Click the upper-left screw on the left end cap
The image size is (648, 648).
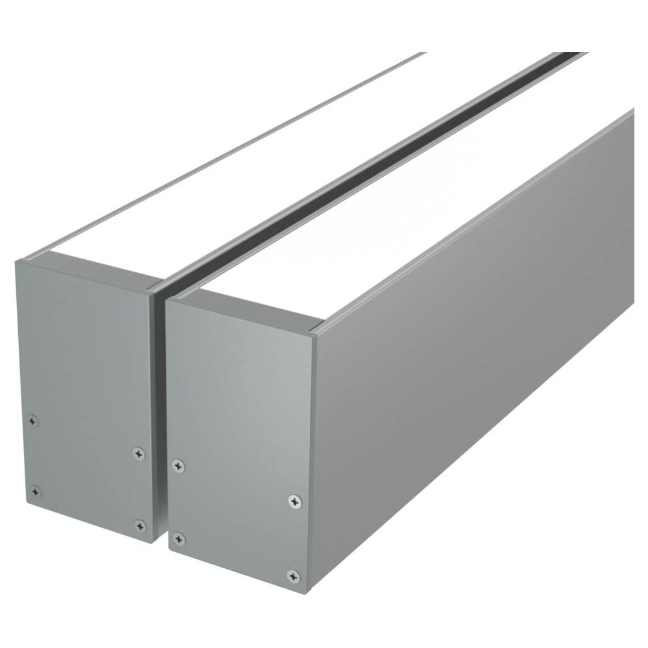pyautogui.click(x=33, y=421)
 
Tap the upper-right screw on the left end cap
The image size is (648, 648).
pyautogui.click(x=139, y=454)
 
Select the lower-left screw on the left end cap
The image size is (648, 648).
pyautogui.click(x=36, y=492)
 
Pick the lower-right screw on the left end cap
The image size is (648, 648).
pyautogui.click(x=141, y=526)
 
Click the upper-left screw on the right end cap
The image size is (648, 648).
pyautogui.click(x=178, y=466)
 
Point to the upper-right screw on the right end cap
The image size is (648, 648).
pyautogui.click(x=295, y=501)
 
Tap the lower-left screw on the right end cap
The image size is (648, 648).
pyautogui.click(x=179, y=539)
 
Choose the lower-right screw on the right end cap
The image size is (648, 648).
pyautogui.click(x=294, y=576)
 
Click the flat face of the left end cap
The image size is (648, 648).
pyautogui.click(x=84, y=363)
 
